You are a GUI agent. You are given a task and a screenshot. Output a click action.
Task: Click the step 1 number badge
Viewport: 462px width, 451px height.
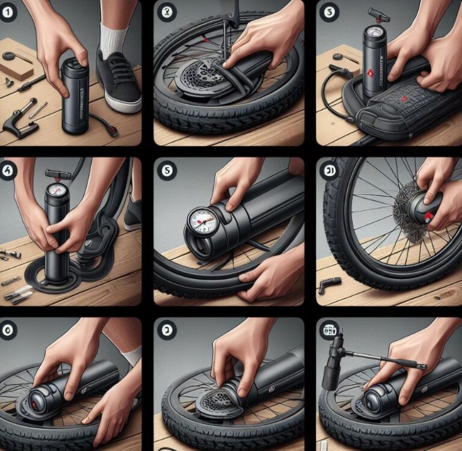[9, 11]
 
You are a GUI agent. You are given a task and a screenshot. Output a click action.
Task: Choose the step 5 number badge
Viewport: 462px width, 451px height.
[166, 171]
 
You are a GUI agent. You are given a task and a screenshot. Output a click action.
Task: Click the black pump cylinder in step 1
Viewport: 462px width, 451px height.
[75, 96]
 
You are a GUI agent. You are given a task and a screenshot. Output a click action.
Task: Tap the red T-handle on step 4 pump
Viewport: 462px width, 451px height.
[58, 174]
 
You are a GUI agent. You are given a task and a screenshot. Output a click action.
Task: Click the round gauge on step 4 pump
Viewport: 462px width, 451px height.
[58, 191]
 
